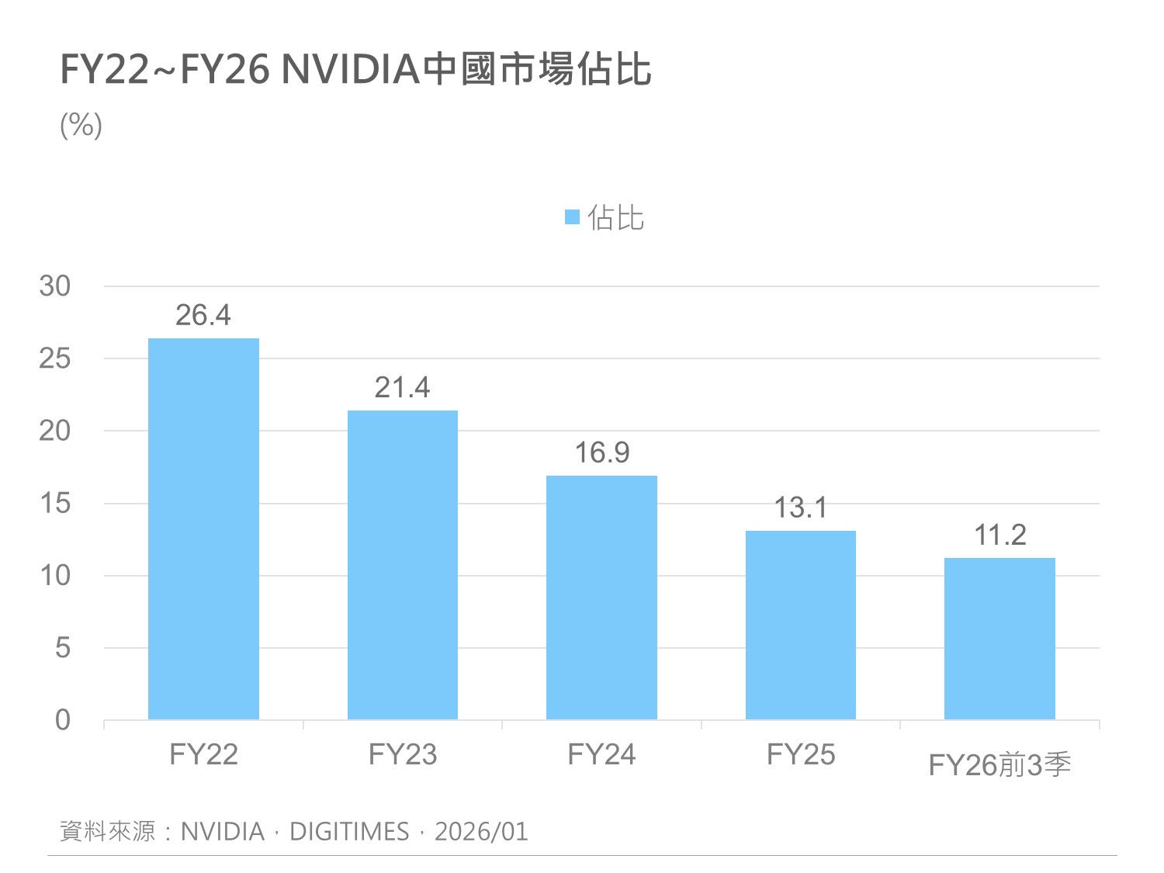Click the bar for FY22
pos(203,529)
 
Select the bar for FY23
pos(402,565)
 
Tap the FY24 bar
pos(601,598)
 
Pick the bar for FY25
pos(800,625)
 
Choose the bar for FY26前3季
pos(999,639)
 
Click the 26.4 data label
pos(203,315)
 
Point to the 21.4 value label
pos(402,387)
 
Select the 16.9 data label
pos(601,452)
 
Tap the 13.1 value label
pos(800,508)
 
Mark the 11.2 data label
pos(999,535)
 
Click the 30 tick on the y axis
pos(54,286)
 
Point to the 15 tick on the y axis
pos(54,504)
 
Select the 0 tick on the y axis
pos(62,720)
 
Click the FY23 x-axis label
pos(402,754)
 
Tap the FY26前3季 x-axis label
pos(999,765)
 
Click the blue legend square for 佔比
pos(572,217)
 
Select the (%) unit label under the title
pos(81,125)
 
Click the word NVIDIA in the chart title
pos(351,69)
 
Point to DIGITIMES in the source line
pos(349,832)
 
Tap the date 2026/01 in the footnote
pos(481,832)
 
